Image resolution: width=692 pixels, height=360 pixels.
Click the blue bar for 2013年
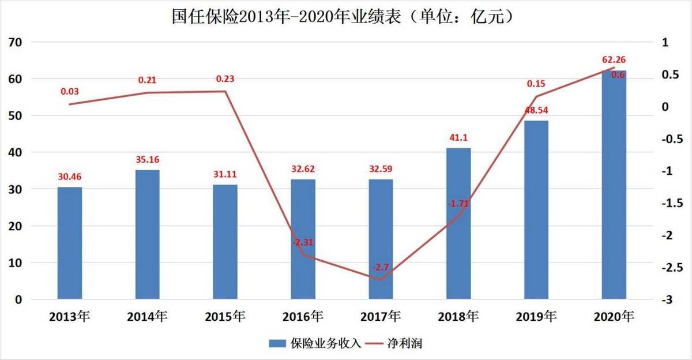coord(70,243)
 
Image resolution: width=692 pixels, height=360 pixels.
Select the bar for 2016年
coord(303,239)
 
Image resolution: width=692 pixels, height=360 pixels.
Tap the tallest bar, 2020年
coord(614,185)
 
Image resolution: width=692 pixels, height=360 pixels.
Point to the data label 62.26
coord(614,59)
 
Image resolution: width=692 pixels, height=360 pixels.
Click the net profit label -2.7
coord(381,267)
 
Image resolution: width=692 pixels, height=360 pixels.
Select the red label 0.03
coord(70,91)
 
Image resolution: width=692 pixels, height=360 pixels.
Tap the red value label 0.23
coord(225,79)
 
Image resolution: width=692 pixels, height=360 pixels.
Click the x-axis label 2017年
coord(381,317)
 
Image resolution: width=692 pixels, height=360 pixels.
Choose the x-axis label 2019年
coord(536,317)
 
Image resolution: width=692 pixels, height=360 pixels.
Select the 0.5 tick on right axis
coord(668,75)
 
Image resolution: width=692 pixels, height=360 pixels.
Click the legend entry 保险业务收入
coord(315,344)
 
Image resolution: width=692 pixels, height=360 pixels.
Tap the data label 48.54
coord(536,109)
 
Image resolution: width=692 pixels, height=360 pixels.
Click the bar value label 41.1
coord(458,137)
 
